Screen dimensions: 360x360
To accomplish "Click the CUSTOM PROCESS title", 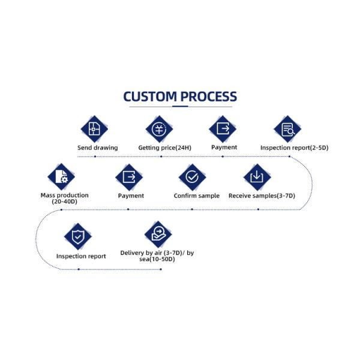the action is [x=180, y=97].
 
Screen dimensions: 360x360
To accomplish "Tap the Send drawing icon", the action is [x=94, y=129].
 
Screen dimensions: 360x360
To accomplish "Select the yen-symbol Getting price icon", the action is [x=159, y=129].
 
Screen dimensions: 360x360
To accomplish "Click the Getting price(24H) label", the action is [x=164, y=148].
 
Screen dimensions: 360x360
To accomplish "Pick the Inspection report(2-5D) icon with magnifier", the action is [x=287, y=129].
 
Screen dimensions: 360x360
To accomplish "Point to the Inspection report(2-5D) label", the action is [x=295, y=148].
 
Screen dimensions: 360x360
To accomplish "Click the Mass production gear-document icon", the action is [x=61, y=177].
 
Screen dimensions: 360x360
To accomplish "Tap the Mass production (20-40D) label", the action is [x=65, y=199].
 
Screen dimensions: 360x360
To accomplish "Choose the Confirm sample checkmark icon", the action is [x=192, y=177].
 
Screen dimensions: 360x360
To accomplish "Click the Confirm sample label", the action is [x=197, y=196].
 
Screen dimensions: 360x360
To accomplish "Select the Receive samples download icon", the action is [x=257, y=177].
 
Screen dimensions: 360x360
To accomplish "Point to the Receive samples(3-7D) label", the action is [x=262, y=196].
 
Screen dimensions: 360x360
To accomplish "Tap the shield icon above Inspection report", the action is [x=78, y=236].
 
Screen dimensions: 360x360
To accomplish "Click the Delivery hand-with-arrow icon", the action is [x=158, y=234].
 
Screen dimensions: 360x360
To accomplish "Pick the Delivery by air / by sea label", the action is [x=157, y=256].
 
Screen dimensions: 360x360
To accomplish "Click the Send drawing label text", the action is [x=98, y=148].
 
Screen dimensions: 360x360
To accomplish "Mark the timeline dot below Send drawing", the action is [x=95, y=157].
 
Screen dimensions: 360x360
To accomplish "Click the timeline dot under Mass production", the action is [x=61, y=209].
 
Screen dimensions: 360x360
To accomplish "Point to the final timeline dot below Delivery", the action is [x=161, y=269].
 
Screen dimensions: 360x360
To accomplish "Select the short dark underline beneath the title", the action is [x=180, y=106].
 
